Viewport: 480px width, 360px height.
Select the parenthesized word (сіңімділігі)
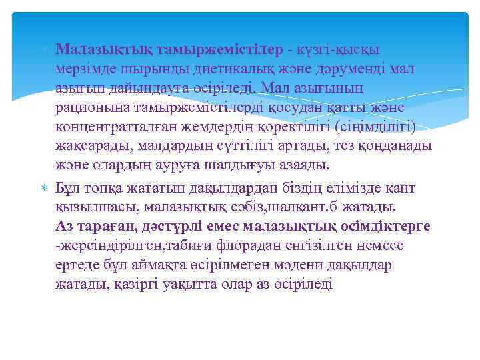point(377,127)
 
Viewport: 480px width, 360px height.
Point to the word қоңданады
point(393,145)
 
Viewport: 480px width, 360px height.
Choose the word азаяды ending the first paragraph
point(307,165)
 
